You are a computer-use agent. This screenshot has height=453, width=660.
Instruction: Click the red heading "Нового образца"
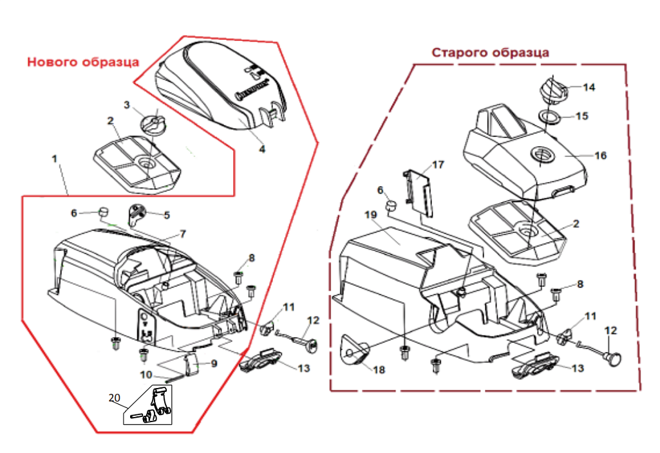(83, 62)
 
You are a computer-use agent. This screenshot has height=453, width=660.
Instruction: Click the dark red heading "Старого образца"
(490, 52)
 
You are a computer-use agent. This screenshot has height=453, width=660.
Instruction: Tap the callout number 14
(590, 87)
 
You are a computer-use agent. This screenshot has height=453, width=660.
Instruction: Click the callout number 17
(438, 165)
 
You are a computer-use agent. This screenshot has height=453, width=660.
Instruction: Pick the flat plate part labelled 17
(419, 190)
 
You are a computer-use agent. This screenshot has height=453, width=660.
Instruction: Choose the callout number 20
(115, 398)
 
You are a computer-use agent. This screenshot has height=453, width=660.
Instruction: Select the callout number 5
(166, 215)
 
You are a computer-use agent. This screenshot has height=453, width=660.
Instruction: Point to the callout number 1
(55, 158)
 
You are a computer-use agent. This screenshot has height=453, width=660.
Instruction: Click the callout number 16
(600, 156)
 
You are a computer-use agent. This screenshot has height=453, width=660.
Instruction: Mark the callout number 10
(146, 374)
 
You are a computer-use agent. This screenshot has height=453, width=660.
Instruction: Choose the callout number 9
(214, 364)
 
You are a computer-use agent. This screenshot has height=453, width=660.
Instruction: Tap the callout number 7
(182, 234)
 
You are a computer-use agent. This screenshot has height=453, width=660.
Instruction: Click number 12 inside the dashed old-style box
(610, 330)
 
